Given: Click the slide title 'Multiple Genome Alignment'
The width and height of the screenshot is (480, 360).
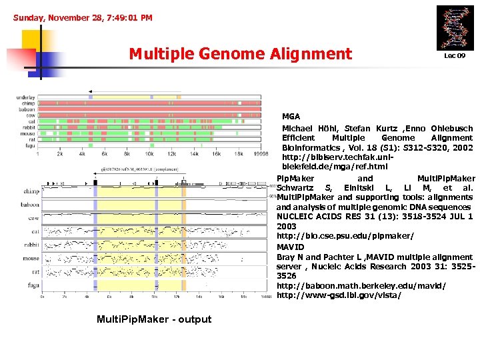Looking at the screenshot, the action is coord(240,53).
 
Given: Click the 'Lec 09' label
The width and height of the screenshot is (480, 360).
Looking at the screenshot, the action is coord(455,56).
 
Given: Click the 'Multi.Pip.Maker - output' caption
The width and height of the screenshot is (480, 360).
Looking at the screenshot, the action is coord(154,319).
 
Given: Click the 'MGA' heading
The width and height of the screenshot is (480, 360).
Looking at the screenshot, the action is coord(291,116).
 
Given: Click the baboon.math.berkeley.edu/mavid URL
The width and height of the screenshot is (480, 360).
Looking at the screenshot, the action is coord(361,285).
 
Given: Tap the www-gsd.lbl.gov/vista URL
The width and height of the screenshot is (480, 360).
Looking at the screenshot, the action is coord(339,295).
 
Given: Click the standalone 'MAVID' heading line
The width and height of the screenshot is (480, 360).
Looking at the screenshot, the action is coord(290,247).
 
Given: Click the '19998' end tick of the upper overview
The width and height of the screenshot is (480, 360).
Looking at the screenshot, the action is coord(261,154).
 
